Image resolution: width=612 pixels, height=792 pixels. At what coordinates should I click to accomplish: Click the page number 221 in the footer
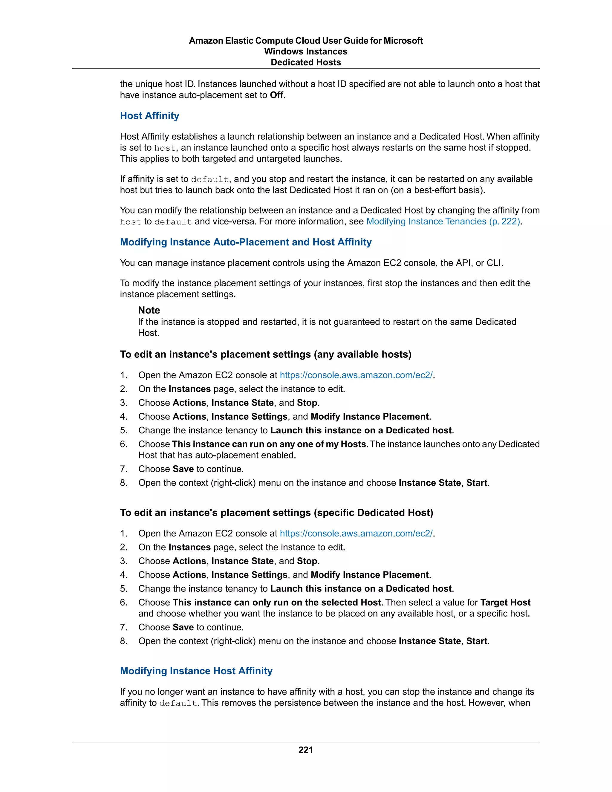(x=306, y=750)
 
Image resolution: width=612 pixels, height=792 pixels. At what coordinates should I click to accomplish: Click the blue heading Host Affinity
(x=149, y=116)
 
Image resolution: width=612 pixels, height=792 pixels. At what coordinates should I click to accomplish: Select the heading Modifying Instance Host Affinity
(x=196, y=671)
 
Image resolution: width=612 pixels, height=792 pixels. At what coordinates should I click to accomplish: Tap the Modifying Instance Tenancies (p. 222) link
(x=443, y=221)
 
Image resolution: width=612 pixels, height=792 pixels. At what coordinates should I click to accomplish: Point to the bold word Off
(x=277, y=95)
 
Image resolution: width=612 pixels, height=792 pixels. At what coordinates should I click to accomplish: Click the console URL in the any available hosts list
(x=356, y=375)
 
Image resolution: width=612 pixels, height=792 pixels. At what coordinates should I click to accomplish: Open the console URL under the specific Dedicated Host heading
(x=356, y=533)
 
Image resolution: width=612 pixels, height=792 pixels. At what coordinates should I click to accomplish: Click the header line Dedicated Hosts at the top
(x=306, y=62)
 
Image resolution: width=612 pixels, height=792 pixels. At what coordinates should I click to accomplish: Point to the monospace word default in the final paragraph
(x=178, y=703)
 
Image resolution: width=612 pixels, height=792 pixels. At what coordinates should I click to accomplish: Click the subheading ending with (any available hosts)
(x=266, y=354)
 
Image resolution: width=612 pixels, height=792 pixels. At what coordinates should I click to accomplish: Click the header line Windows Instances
(x=306, y=51)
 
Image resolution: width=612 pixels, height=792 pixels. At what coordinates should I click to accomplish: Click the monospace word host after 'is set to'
(x=165, y=148)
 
